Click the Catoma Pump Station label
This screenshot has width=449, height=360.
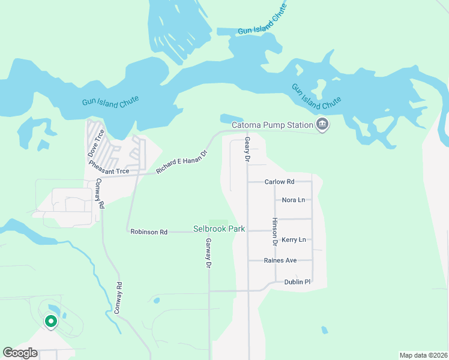click(273, 125)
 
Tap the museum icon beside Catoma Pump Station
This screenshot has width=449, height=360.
click(322, 125)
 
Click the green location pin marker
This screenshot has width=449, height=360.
click(51, 322)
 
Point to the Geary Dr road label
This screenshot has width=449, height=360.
click(247, 149)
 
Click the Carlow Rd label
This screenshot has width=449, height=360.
click(279, 181)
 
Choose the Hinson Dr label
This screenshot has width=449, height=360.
click(274, 232)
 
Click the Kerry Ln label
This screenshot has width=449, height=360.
click(294, 239)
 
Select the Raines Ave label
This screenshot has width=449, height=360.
click(280, 260)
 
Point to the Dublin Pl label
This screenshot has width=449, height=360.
click(297, 281)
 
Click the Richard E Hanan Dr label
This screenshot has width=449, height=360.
click(181, 162)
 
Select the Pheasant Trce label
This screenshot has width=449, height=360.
click(109, 167)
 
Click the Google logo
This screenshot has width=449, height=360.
click(20, 353)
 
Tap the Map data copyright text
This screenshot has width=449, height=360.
click(423, 355)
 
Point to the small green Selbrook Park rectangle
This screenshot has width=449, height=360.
click(219, 223)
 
